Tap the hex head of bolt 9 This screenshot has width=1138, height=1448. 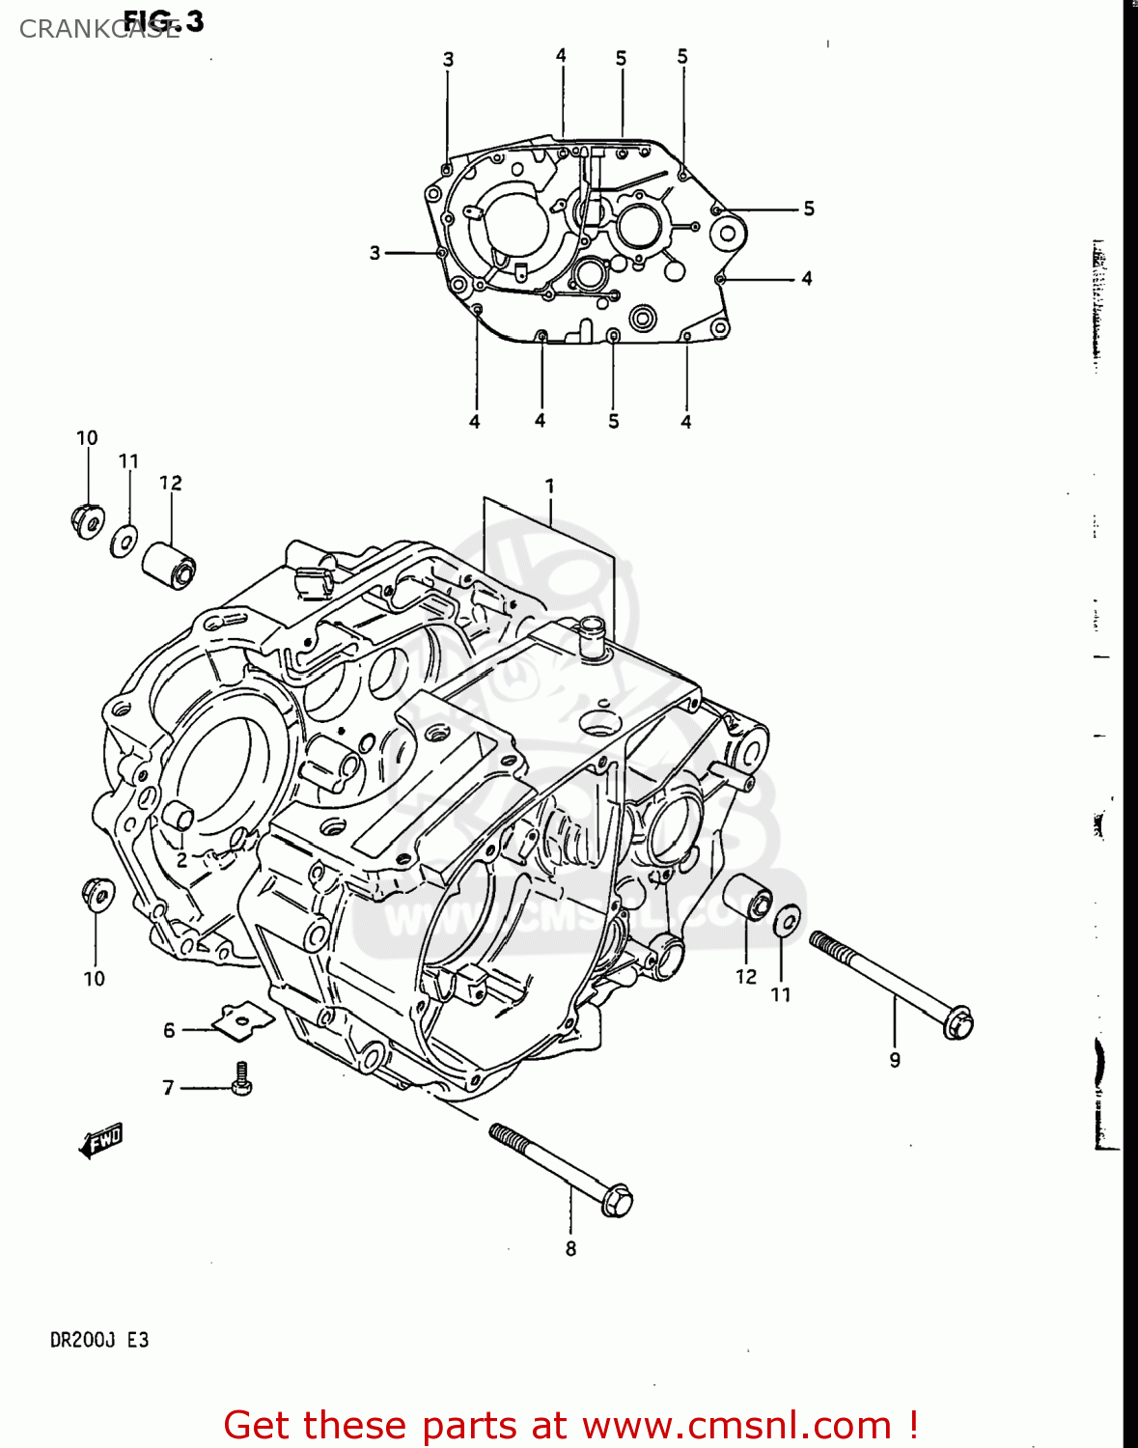click(x=958, y=1023)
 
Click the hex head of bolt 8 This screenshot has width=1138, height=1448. click(x=616, y=1200)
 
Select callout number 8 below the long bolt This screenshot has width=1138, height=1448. click(x=570, y=1248)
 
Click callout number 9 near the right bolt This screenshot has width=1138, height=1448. click(x=895, y=1060)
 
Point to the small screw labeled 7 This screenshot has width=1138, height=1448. click(x=241, y=1079)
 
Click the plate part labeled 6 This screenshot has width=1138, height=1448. click(x=241, y=1019)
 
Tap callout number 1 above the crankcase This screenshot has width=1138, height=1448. click(x=549, y=486)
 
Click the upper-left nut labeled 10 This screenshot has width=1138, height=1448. click(x=88, y=520)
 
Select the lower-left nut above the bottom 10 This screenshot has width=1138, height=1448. click(x=98, y=894)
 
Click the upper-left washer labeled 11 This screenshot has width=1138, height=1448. click(x=125, y=541)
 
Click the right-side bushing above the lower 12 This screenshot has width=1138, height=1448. click(x=748, y=899)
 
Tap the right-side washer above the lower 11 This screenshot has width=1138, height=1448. click(x=787, y=920)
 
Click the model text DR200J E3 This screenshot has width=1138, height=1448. click(x=99, y=1340)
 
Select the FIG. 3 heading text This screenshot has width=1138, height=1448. click(x=164, y=20)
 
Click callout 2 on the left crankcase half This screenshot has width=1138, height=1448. click(x=181, y=859)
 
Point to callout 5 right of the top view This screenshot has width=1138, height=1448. click(x=809, y=209)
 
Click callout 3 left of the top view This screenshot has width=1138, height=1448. click(x=375, y=253)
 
